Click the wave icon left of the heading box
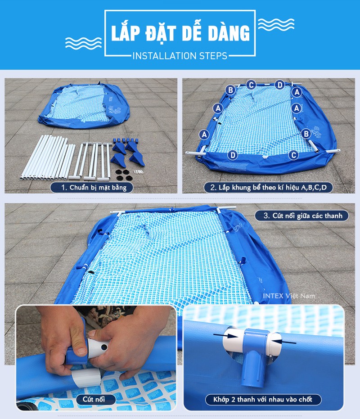[83, 43]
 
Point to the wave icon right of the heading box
[276, 24]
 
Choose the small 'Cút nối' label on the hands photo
[94, 399]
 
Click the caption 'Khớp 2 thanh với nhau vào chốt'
[263, 400]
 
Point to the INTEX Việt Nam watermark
[289, 296]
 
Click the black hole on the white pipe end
[104, 347]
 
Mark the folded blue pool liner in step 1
[84, 106]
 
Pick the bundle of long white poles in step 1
[48, 158]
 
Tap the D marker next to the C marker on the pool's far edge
[279, 85]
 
